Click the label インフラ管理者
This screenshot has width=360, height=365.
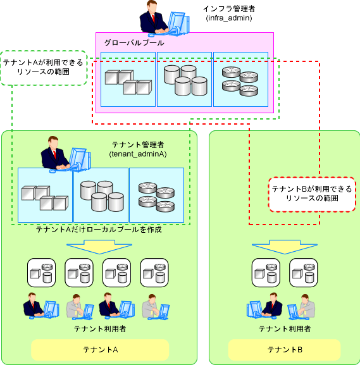pos(229,9)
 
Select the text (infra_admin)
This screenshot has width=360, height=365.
pos(229,18)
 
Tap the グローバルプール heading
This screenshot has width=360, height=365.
pos(134,42)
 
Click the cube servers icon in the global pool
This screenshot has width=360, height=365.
pos(128,82)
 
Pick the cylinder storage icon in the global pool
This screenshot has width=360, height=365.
pos(185,80)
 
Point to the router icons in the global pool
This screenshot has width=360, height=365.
pos(240,81)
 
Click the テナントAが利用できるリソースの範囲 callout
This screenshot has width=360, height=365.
pos(44,68)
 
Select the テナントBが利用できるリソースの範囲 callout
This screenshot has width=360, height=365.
pos(312,194)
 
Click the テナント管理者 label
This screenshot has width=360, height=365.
pos(138,145)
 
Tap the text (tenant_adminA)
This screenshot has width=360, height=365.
pos(138,154)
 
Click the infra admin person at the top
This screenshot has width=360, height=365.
pos(164,18)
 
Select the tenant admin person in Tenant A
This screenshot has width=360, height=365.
pos(66,154)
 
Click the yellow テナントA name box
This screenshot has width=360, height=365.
pos(100,349)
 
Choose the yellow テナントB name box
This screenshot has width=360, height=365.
pos(285,349)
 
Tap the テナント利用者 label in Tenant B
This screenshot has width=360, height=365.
pos(285,329)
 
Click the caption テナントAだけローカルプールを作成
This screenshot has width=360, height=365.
pos(99,230)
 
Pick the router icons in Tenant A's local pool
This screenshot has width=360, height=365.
pos(156,197)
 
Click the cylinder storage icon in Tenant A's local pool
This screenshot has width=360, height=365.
pos(102,196)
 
